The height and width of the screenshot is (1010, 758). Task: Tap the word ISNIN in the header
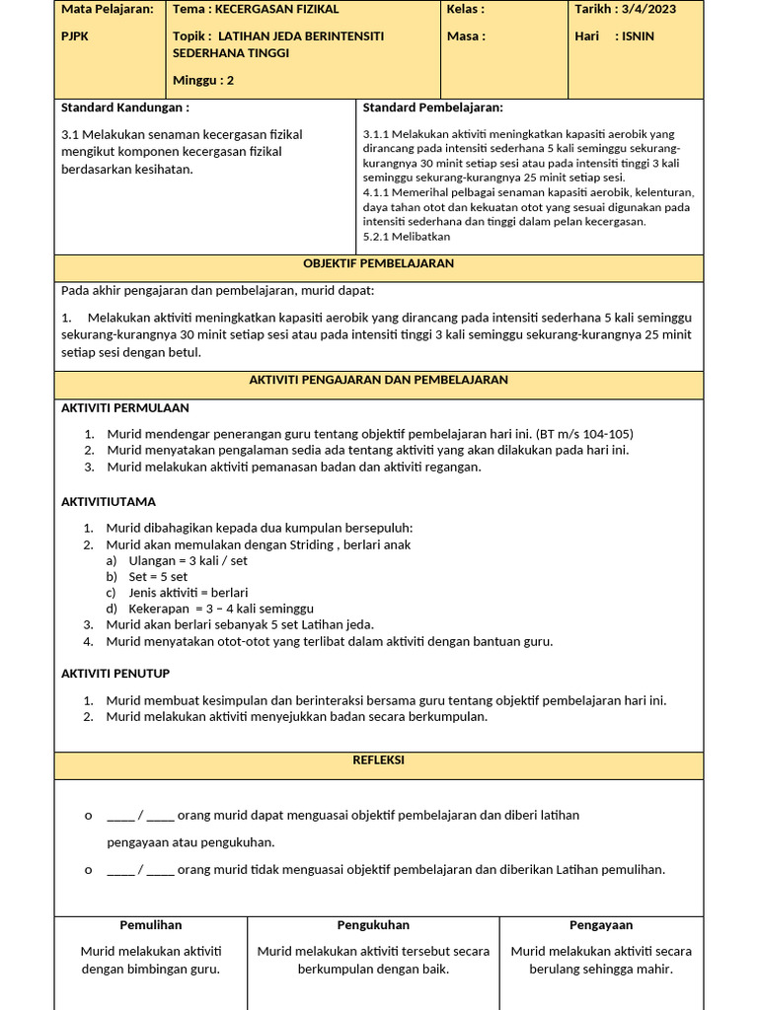pyautogui.click(x=638, y=36)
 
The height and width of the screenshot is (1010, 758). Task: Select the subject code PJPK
pyautogui.click(x=76, y=36)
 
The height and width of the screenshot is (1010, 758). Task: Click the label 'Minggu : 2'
pyautogui.click(x=202, y=81)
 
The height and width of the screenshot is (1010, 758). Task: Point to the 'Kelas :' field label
pyautogui.click(x=465, y=10)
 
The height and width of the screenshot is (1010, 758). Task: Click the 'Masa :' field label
pyautogui.click(x=466, y=36)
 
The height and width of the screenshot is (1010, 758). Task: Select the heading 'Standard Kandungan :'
pyautogui.click(x=125, y=108)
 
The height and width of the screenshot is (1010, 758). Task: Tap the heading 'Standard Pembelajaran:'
pyautogui.click(x=433, y=108)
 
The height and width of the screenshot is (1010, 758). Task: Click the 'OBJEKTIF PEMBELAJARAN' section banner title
pyautogui.click(x=379, y=264)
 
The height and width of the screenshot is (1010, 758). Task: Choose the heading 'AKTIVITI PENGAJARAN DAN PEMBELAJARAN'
pyautogui.click(x=379, y=380)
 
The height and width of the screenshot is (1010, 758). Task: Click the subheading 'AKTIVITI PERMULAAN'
pyautogui.click(x=125, y=408)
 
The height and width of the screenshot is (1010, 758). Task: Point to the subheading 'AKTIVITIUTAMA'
pyautogui.click(x=109, y=502)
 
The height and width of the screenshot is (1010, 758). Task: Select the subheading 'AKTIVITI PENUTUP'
pyautogui.click(x=115, y=674)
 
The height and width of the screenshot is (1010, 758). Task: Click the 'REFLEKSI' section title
pyautogui.click(x=379, y=760)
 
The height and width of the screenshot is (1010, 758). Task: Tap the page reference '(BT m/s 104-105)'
pyautogui.click(x=584, y=434)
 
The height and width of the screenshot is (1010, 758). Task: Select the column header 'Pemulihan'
pyautogui.click(x=151, y=925)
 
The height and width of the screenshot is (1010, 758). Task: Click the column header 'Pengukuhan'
pyautogui.click(x=373, y=925)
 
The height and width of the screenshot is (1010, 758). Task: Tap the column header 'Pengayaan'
pyautogui.click(x=601, y=925)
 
